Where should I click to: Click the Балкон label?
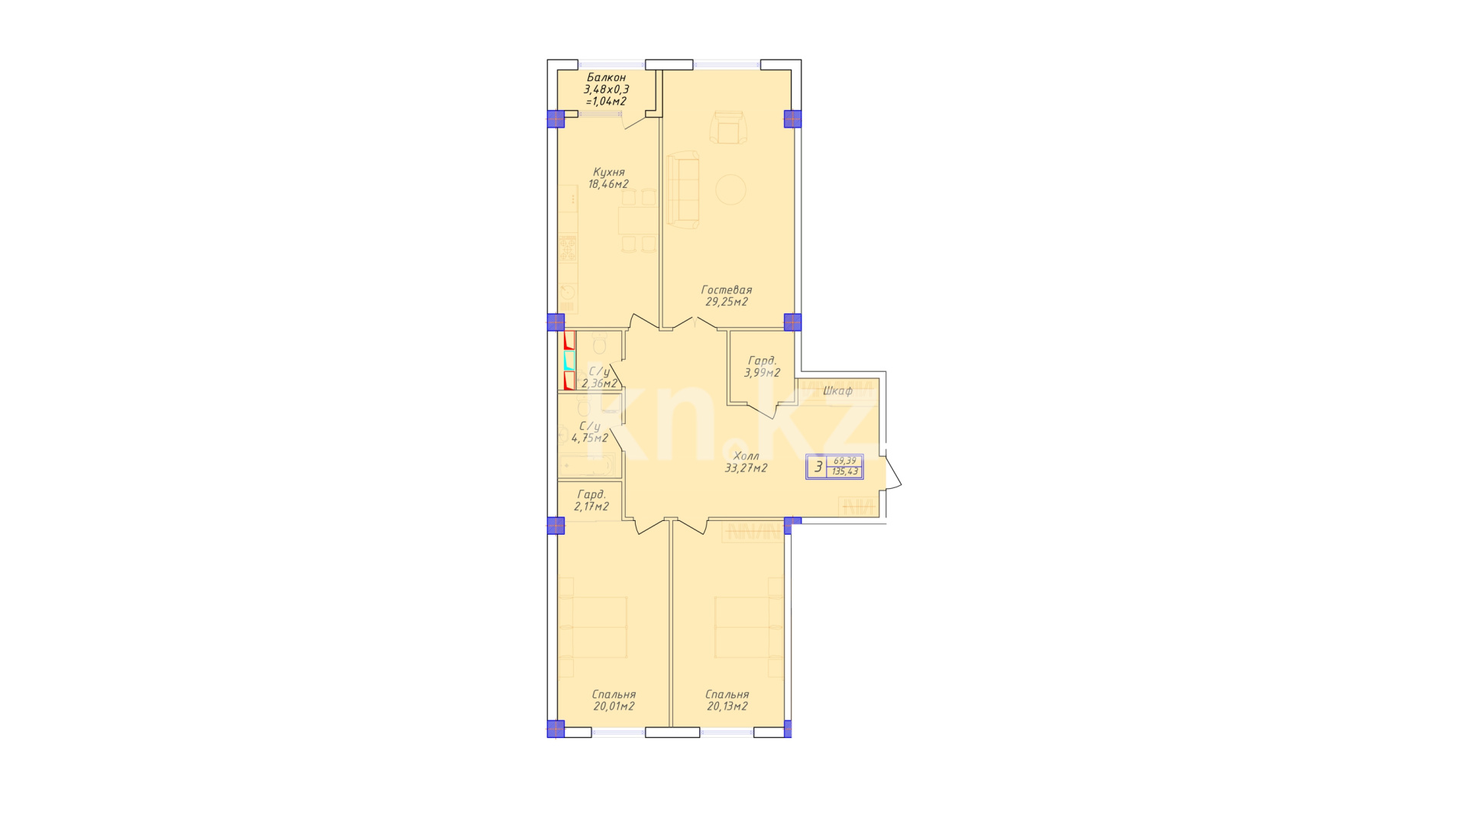(x=606, y=78)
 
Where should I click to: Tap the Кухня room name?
(x=609, y=173)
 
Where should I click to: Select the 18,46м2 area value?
(x=608, y=184)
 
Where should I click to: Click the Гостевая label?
(x=727, y=290)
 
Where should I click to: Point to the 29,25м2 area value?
(x=727, y=302)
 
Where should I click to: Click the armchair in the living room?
(x=727, y=127)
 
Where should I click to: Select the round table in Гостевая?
(x=730, y=189)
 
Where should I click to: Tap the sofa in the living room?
(x=683, y=190)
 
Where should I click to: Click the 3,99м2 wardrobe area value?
(x=762, y=374)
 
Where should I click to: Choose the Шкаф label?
(x=837, y=391)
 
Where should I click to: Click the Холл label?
(x=746, y=457)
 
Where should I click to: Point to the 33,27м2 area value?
(x=746, y=468)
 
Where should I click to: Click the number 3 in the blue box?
(x=818, y=467)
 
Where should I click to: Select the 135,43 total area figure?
(x=846, y=472)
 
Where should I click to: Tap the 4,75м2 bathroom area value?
(x=590, y=438)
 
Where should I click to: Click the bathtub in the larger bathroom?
(x=586, y=464)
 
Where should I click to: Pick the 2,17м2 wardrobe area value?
(x=591, y=506)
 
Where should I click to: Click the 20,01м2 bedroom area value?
(x=614, y=707)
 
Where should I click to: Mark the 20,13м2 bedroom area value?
(x=727, y=707)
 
